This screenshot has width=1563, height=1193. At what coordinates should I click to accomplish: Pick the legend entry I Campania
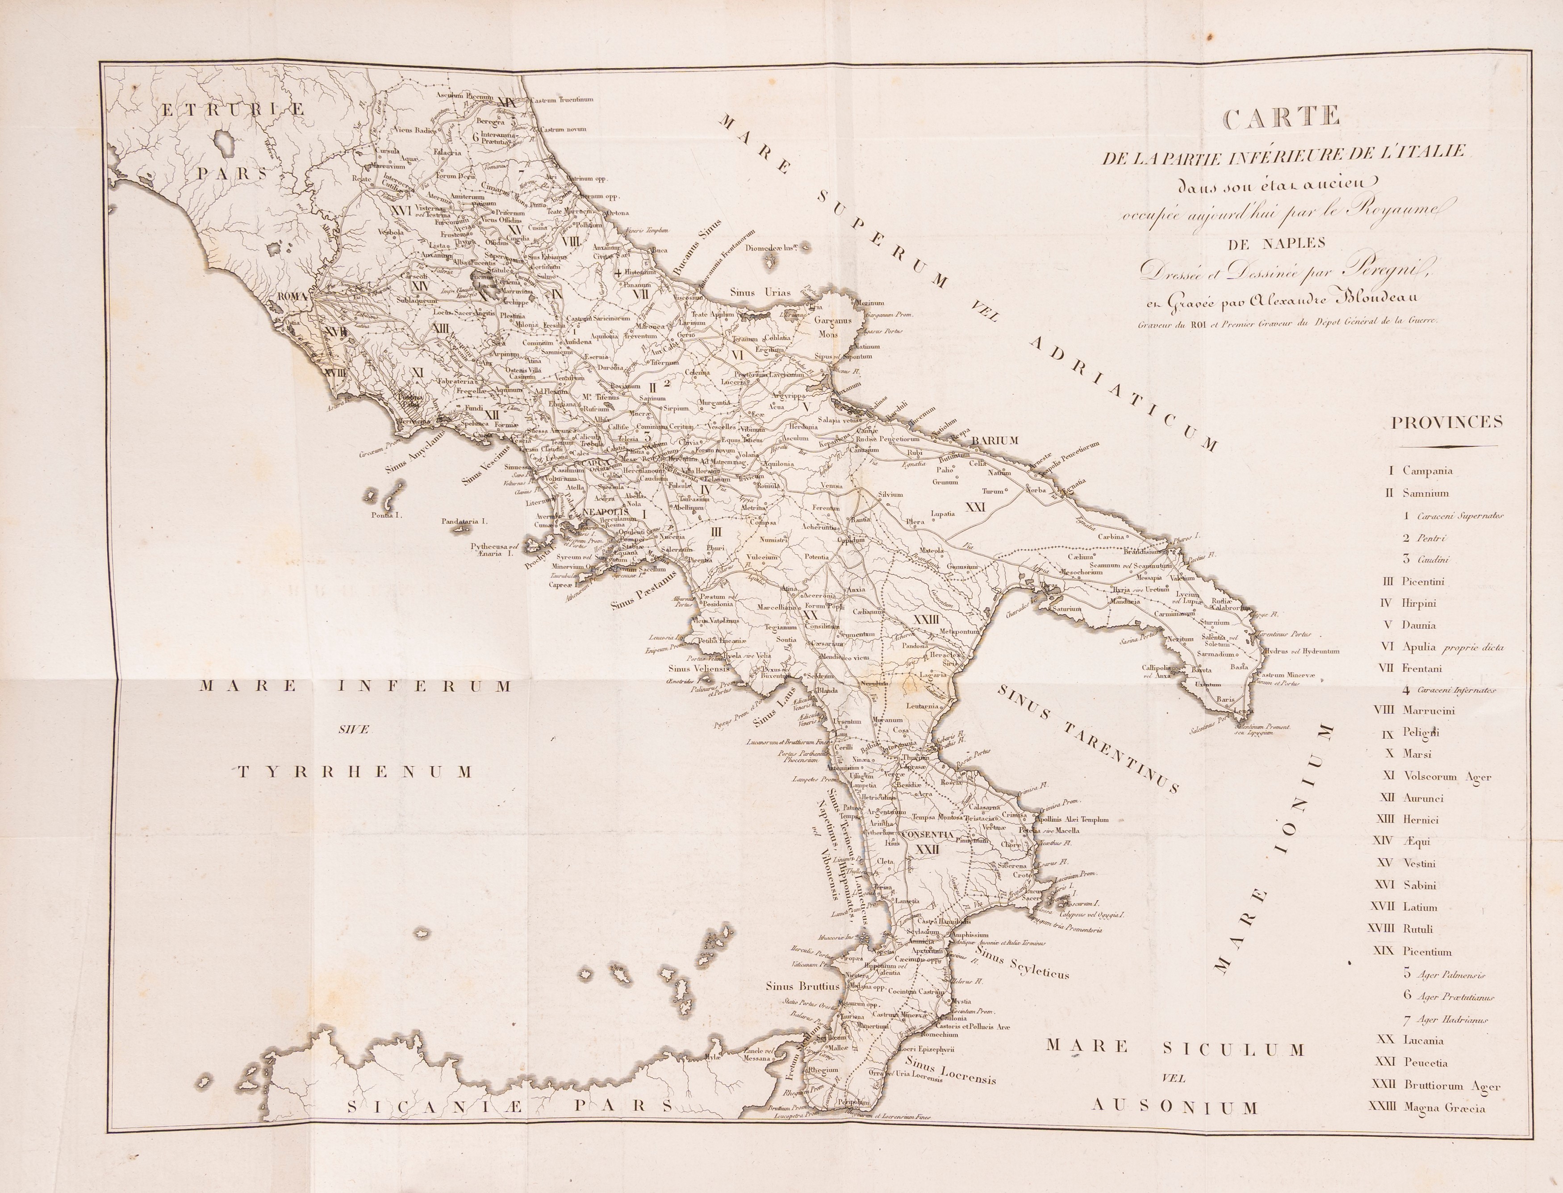click(1419, 471)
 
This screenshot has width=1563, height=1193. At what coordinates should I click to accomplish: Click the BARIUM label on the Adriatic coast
click(995, 440)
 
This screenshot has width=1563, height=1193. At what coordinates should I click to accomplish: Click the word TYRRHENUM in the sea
click(355, 772)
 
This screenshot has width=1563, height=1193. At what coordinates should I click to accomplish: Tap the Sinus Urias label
click(761, 292)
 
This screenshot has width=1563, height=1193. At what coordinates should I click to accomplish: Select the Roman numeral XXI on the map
click(976, 507)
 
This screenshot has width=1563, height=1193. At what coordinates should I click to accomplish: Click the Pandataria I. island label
click(464, 521)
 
